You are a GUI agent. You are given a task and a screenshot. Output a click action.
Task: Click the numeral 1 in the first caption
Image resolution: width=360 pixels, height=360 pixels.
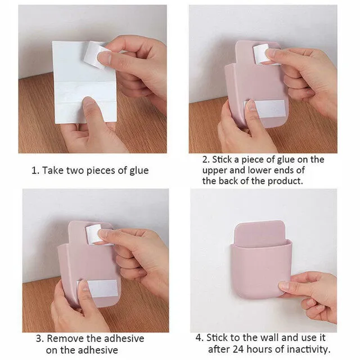34,170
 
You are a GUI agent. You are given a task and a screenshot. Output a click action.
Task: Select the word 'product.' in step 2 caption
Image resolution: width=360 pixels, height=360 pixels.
284,181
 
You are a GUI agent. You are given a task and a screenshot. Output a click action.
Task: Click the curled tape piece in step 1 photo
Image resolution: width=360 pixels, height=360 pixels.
97,55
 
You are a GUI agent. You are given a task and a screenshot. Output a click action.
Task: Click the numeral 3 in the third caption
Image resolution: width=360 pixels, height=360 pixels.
39,339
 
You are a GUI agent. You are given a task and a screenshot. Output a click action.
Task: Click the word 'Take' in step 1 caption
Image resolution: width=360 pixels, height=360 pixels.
55,170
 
